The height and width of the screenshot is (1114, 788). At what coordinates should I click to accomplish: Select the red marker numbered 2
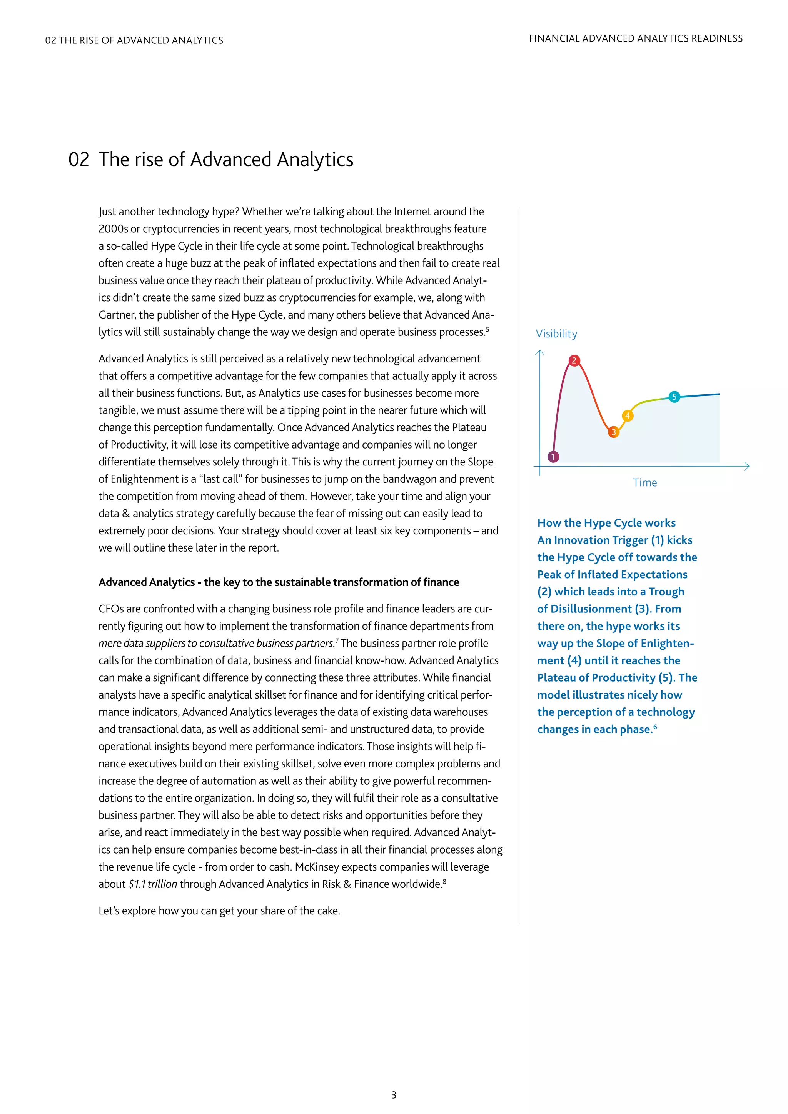[x=574, y=360]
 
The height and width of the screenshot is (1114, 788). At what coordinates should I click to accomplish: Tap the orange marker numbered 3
[x=613, y=432]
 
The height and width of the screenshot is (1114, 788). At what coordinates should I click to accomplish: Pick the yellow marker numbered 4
[x=628, y=415]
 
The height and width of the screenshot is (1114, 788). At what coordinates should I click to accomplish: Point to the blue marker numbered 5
[x=674, y=397]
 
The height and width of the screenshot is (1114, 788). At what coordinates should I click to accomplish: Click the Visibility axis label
[x=556, y=334]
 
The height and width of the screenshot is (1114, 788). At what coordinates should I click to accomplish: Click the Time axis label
[x=644, y=483]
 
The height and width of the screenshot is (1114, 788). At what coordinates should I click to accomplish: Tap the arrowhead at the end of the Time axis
[x=747, y=467]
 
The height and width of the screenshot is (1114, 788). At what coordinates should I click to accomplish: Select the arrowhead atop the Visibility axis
[x=539, y=353]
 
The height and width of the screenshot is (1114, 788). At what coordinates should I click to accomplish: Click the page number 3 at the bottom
[x=394, y=1095]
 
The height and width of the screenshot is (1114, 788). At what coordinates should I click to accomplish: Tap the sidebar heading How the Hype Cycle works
[x=606, y=523]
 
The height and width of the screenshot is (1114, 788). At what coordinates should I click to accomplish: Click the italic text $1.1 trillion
[x=152, y=884]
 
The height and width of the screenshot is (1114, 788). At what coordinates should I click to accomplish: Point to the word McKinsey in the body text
[x=317, y=867]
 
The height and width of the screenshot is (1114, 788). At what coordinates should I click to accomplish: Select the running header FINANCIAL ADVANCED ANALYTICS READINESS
[x=636, y=38]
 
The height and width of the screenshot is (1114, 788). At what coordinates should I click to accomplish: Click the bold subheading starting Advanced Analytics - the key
[x=279, y=582]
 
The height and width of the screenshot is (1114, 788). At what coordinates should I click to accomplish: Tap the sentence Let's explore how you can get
[x=219, y=911]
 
